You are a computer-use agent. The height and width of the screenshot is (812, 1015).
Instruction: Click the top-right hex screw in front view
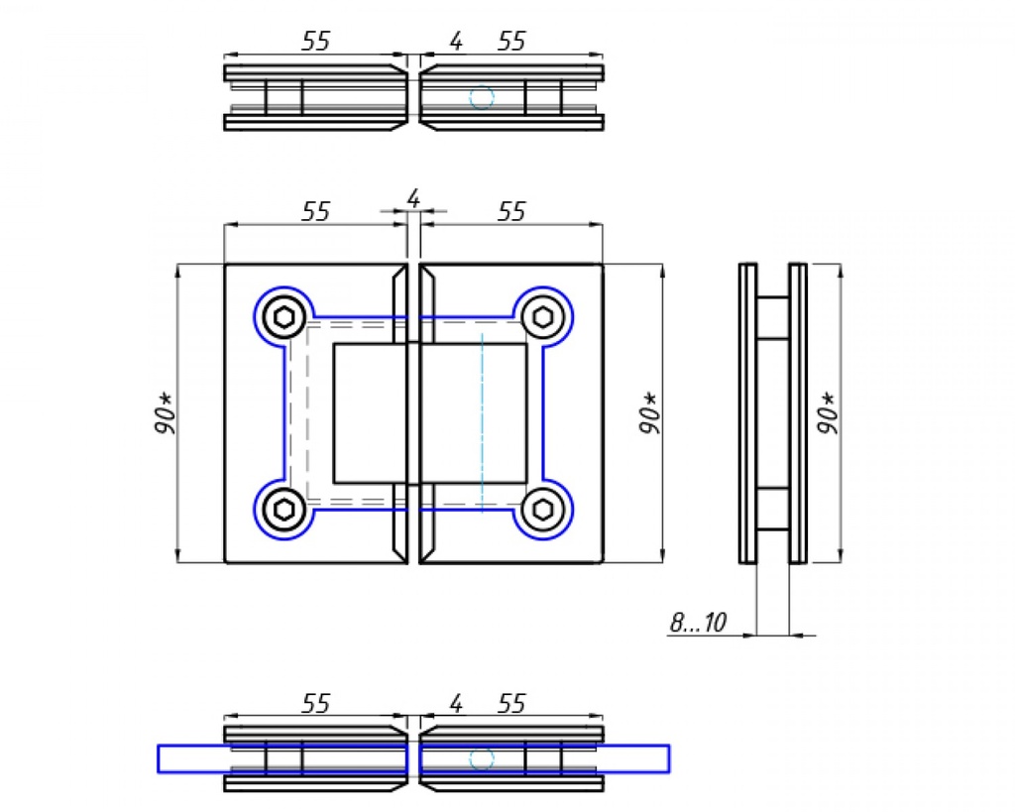tap(541, 317)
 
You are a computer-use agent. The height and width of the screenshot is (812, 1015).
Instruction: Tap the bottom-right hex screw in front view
tap(541, 510)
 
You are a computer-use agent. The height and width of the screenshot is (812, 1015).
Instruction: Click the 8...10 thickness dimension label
tap(698, 623)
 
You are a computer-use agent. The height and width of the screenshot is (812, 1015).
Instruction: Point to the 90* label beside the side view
tap(828, 412)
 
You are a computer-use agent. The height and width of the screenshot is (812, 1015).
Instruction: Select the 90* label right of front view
tap(649, 412)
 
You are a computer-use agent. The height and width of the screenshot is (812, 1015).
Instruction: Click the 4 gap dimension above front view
tap(413, 199)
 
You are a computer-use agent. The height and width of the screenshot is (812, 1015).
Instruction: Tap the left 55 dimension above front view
tap(315, 211)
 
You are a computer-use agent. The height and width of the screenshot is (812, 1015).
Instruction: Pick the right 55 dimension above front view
tap(511, 211)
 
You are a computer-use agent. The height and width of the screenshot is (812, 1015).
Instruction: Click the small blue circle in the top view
tap(482, 97)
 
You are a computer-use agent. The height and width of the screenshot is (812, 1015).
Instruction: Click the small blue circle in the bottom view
tap(482, 759)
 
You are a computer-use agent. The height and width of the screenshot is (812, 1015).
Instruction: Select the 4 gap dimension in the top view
tap(455, 42)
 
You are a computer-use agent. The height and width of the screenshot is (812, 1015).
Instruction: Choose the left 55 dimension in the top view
tap(315, 41)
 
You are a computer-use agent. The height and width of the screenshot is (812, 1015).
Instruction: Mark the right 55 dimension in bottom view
tap(511, 704)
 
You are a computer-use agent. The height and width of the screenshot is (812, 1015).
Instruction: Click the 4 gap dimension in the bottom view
tap(455, 704)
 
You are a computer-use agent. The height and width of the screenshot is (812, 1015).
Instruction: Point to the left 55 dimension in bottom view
tap(315, 704)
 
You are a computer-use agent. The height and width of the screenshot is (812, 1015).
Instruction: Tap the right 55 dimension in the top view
tap(511, 42)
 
